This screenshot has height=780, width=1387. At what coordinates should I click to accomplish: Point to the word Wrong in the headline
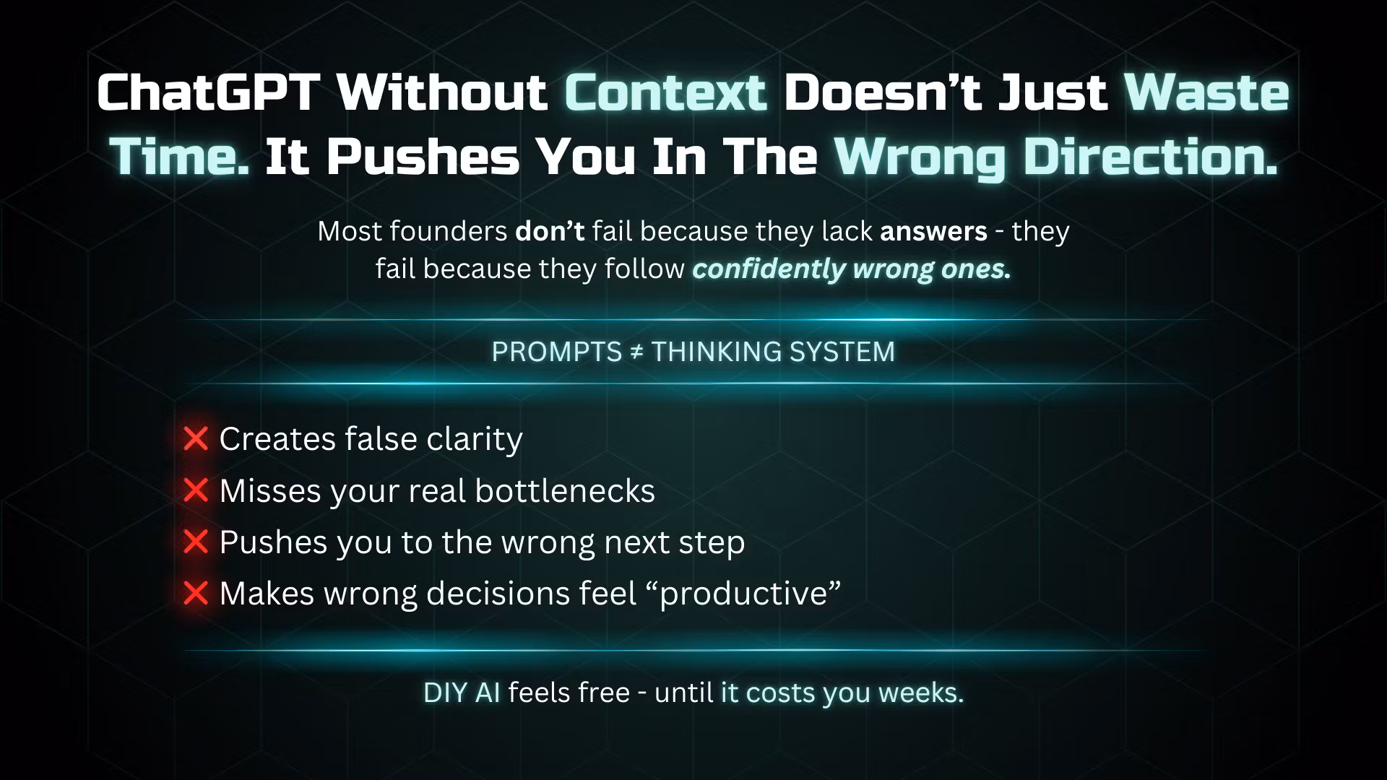(x=920, y=157)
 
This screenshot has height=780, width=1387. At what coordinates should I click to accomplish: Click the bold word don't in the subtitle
(x=550, y=231)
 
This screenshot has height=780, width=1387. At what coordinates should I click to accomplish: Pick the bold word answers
(x=933, y=233)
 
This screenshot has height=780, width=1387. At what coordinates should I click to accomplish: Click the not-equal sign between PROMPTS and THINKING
(x=636, y=352)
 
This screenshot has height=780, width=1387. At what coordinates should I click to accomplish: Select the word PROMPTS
(x=556, y=352)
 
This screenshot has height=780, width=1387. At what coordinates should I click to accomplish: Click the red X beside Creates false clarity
(x=196, y=438)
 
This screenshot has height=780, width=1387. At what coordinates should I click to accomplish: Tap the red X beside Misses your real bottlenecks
(x=196, y=490)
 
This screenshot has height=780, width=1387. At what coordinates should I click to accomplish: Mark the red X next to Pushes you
(x=196, y=542)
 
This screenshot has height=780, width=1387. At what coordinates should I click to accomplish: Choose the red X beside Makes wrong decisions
(x=196, y=593)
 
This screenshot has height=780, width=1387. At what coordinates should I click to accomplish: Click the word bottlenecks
(x=565, y=490)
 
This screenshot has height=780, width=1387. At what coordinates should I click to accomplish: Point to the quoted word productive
(x=750, y=594)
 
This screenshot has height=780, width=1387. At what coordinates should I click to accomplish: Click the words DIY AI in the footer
(x=462, y=693)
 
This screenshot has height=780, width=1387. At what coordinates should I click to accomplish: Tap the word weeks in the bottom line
(x=921, y=693)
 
